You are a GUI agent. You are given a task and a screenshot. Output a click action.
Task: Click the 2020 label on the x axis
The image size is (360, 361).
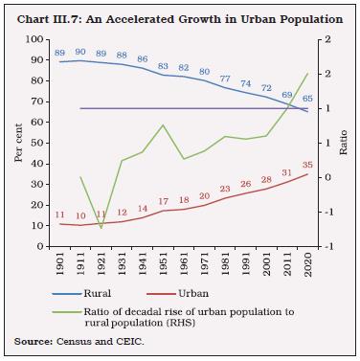point(308,263)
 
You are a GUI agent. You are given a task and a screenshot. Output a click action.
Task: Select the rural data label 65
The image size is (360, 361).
point(306,99)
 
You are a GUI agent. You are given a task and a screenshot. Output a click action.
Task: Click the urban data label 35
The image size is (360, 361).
point(306,164)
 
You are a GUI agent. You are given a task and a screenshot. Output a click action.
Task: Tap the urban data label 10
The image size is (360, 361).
point(80,215)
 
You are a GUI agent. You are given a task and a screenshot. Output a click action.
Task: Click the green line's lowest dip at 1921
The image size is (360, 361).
point(101,228)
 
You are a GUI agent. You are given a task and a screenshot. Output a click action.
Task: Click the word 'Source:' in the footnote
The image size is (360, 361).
point(33,342)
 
